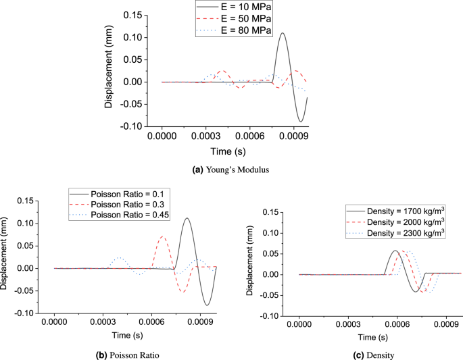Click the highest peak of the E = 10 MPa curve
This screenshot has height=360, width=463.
click(x=283, y=33)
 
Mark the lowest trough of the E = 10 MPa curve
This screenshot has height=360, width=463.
click(x=301, y=122)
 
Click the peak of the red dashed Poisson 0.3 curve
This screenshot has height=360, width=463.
click(x=163, y=236)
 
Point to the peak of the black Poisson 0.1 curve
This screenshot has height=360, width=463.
click(x=187, y=218)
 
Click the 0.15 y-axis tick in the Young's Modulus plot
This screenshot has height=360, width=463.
click(x=133, y=15)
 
